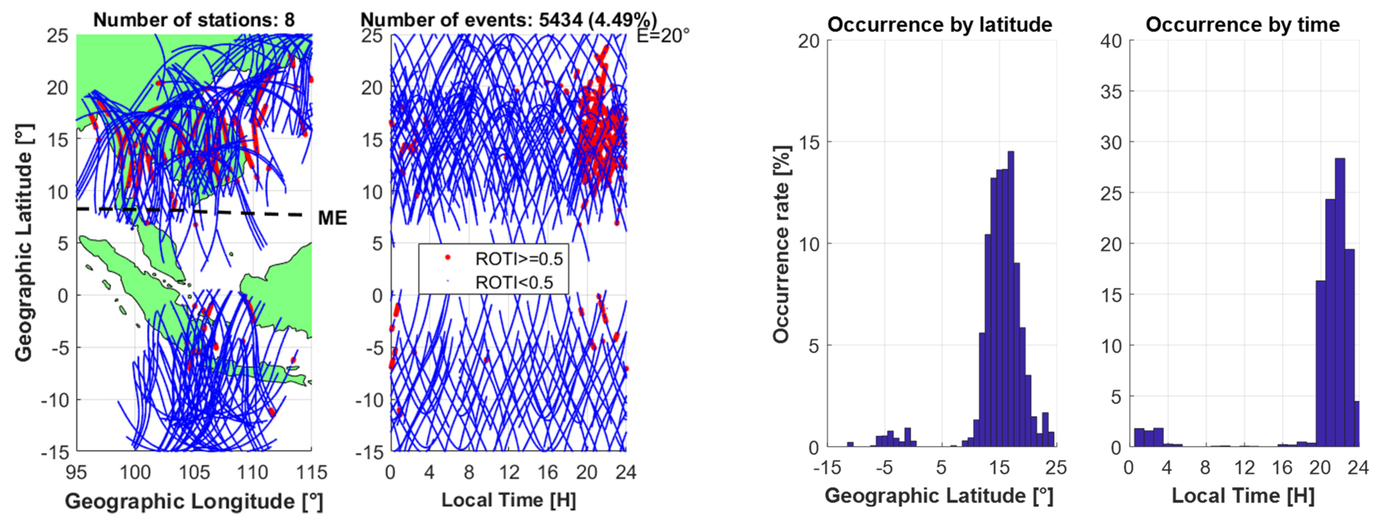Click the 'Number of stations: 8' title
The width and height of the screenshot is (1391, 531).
tap(194, 20)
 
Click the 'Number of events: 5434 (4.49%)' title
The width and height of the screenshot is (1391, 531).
tap(508, 20)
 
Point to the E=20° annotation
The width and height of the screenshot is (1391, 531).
tap(663, 36)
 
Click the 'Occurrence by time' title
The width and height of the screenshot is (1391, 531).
tap(1243, 24)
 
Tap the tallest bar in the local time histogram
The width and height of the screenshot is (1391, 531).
tap(1340, 303)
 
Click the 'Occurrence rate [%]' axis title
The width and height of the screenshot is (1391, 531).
tap(781, 244)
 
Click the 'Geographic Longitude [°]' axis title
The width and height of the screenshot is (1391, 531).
tap(194, 501)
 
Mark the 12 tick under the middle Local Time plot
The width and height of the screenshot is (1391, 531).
tap(508, 473)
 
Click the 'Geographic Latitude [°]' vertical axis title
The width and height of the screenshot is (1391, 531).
tap(23, 243)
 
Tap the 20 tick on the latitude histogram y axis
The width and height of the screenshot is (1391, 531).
tap(808, 41)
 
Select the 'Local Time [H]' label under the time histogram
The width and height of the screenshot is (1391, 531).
tap(1243, 495)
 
